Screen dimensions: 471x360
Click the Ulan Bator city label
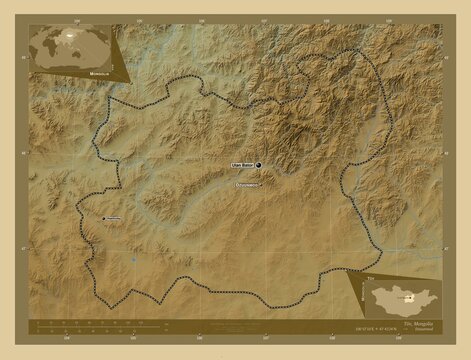point(241,164)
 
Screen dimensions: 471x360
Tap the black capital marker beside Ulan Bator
point(258,164)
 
